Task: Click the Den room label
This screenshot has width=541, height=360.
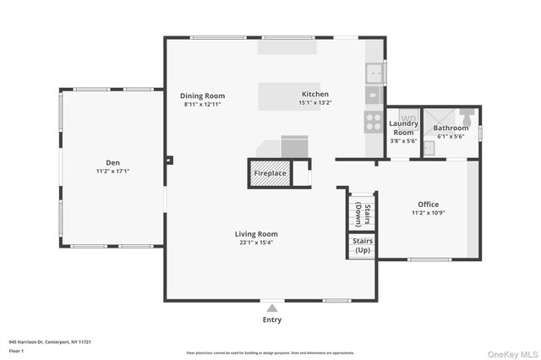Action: click(x=112, y=162)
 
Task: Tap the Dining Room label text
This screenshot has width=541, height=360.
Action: click(x=202, y=95)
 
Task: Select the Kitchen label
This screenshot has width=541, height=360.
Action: click(x=315, y=94)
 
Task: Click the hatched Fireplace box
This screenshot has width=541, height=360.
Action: click(x=270, y=173)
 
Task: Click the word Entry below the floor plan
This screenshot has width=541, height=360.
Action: click(x=272, y=319)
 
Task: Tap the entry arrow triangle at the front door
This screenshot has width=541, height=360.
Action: click(x=272, y=308)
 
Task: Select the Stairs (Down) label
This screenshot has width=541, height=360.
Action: click(x=363, y=214)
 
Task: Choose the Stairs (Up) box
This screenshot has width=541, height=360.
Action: click(x=363, y=246)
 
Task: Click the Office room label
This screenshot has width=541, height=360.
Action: click(x=428, y=205)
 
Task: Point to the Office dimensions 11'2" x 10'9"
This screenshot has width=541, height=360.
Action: click(x=428, y=213)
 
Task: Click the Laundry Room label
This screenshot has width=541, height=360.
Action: click(x=403, y=128)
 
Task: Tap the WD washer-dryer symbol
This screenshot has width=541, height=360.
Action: click(x=407, y=117)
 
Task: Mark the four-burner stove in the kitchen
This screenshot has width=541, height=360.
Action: click(x=374, y=122)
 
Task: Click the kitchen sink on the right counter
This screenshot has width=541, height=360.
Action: click(x=374, y=74)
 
